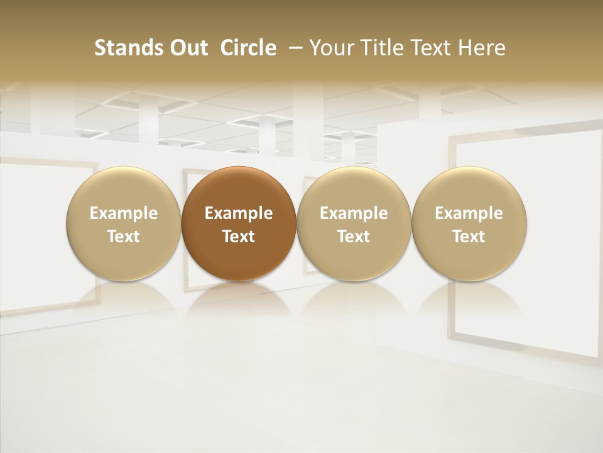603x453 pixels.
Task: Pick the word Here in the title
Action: (x=484, y=48)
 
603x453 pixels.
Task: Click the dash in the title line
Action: (x=293, y=48)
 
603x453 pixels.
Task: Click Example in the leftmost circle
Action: (x=124, y=213)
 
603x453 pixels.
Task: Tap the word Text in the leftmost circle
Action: (x=124, y=237)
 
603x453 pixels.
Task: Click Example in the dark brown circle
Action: (x=239, y=213)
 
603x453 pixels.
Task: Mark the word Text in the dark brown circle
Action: (x=239, y=237)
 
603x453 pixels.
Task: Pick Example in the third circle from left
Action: (x=354, y=213)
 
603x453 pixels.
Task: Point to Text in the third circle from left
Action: (x=354, y=237)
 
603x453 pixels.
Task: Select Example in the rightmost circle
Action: (x=469, y=213)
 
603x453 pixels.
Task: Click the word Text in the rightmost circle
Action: (x=469, y=237)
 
